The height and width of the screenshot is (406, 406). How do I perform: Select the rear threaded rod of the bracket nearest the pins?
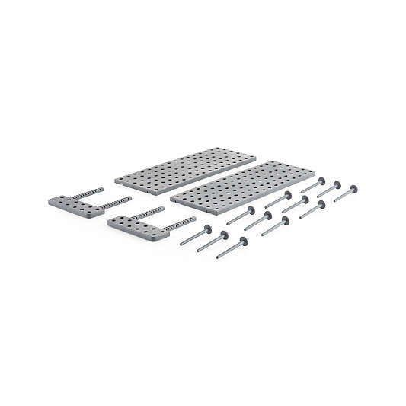pyautogui.click(x=147, y=213)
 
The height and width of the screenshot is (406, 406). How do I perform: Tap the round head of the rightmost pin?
pyautogui.click(x=356, y=187)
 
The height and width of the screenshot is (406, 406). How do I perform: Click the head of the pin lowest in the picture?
pyautogui.click(x=245, y=241)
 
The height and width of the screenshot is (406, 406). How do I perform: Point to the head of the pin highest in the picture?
pyautogui.click(x=321, y=181)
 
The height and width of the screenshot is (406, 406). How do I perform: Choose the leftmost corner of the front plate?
pyautogui.click(x=171, y=200)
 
